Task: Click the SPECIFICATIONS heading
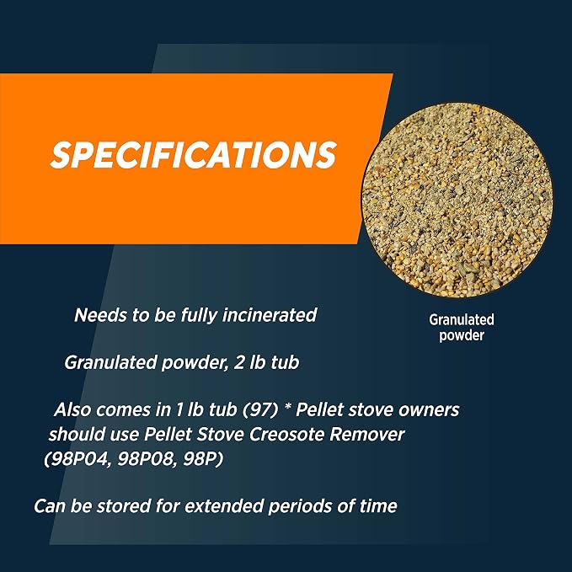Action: click(194, 155)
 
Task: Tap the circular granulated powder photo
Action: click(457, 200)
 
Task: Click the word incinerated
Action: click(270, 315)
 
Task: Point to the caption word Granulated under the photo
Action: click(462, 319)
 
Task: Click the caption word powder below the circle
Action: click(462, 335)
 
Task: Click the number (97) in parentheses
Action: click(260, 409)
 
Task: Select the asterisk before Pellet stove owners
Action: click(288, 407)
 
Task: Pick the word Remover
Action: click(367, 434)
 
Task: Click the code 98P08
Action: click(147, 458)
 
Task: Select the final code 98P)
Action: click(203, 458)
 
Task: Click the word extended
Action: click(223, 506)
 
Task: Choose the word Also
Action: click(72, 409)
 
